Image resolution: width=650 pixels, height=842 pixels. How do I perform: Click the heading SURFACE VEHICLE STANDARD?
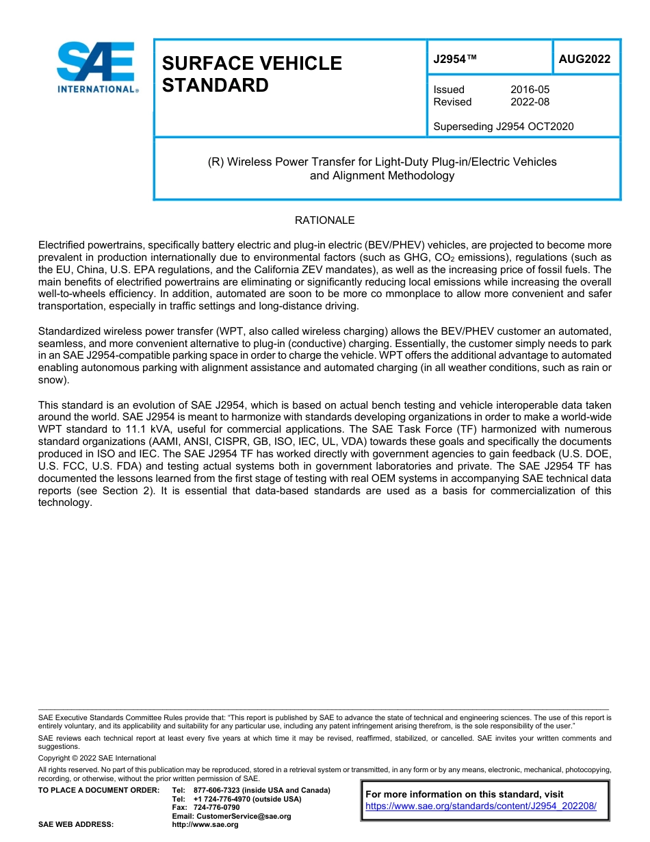(x=251, y=74)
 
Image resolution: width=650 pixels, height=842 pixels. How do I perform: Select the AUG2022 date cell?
(x=584, y=60)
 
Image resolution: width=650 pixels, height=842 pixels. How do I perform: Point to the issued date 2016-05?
(x=530, y=90)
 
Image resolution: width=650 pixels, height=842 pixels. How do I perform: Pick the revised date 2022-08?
(x=530, y=102)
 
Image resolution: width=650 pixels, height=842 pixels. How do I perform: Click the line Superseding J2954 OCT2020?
(x=503, y=126)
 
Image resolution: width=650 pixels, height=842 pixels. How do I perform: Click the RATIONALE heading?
(x=324, y=220)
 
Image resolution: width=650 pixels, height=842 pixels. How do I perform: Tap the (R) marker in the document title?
(x=216, y=162)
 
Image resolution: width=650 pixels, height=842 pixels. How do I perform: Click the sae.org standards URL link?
(x=481, y=806)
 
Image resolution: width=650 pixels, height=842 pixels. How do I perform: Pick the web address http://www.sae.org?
(x=205, y=825)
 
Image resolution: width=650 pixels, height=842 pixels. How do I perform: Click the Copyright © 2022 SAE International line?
(x=96, y=758)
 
